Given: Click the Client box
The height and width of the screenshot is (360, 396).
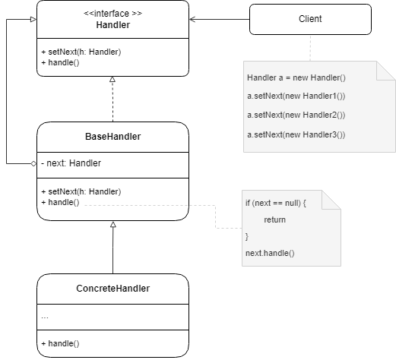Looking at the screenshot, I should (310, 18).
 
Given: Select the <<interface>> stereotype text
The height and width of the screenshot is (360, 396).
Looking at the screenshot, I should (112, 12).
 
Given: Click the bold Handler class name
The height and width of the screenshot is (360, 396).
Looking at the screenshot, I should (112, 24).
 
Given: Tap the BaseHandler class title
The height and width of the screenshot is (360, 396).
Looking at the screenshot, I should (112, 137).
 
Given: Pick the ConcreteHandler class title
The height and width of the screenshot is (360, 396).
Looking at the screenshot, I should (112, 288).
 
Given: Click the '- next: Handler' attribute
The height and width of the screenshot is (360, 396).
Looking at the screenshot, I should (71, 163).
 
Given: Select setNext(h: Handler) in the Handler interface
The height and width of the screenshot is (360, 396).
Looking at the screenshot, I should (81, 52).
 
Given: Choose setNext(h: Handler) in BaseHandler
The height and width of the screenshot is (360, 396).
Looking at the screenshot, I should (81, 191).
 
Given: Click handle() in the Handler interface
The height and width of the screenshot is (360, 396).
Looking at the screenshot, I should (60, 63).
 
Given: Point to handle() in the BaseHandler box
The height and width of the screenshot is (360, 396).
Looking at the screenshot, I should (60, 203).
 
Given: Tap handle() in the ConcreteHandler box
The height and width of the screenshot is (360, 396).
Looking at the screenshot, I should (60, 343).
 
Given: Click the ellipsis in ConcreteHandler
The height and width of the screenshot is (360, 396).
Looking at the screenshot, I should (45, 315).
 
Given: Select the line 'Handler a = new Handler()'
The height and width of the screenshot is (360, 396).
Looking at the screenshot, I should (296, 78).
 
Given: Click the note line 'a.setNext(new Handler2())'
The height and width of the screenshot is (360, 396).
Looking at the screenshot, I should (296, 115).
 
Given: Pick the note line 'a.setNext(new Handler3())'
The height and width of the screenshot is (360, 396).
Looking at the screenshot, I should (296, 134).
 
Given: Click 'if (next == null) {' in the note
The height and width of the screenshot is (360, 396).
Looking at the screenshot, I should (274, 204).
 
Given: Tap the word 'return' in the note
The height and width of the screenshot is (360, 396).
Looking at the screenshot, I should (274, 219).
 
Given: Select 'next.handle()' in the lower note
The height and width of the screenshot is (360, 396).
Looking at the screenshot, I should (269, 252).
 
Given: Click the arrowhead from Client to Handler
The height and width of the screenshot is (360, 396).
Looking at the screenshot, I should (193, 18).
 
